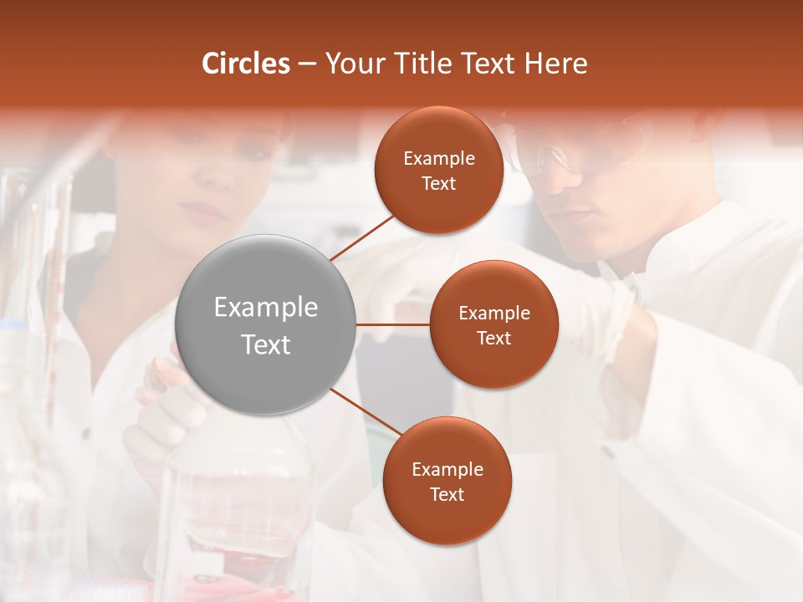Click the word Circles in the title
click(246, 64)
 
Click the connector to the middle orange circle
click(393, 324)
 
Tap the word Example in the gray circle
click(266, 308)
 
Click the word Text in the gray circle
click(266, 344)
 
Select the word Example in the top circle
click(439, 159)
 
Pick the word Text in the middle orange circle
click(494, 339)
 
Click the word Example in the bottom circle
click(448, 470)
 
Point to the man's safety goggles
click(552, 159)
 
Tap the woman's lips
click(207, 212)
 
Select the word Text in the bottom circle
click(448, 495)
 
